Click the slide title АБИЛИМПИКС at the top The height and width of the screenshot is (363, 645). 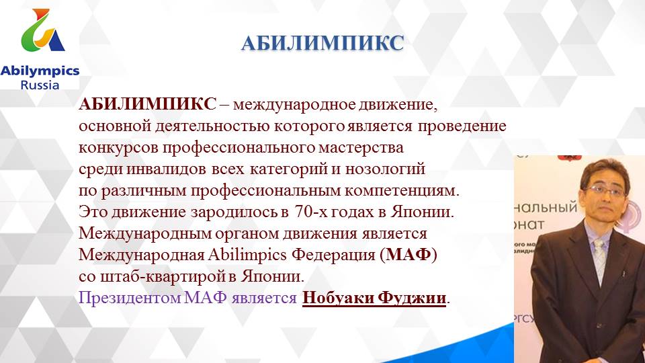coord(322,44)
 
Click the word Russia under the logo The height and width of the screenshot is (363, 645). coord(40,85)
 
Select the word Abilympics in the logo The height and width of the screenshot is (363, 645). coord(40,71)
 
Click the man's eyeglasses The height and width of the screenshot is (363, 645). coord(605,191)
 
